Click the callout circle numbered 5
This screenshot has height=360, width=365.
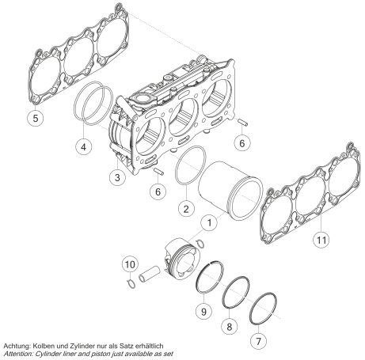[x=36, y=118]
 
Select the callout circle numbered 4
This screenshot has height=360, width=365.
[x=83, y=146]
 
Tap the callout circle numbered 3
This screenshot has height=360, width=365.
[x=117, y=177]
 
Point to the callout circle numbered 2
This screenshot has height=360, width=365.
[x=186, y=209]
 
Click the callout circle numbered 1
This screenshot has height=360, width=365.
[x=209, y=223]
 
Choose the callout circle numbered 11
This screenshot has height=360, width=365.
[x=321, y=240]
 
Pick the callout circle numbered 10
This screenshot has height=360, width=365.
[x=130, y=264]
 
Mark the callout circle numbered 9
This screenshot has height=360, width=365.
[x=203, y=312]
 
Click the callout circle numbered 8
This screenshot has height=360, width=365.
[x=230, y=327]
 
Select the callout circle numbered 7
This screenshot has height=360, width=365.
[x=258, y=342]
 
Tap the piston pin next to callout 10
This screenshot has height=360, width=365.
[x=150, y=275]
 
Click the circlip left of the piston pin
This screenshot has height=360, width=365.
[x=131, y=283]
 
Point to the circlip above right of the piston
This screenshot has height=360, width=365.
[x=201, y=244]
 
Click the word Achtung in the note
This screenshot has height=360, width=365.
[x=17, y=346]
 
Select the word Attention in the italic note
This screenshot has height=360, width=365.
[x=18, y=354]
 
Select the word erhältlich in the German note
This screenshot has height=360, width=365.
[x=150, y=346]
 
